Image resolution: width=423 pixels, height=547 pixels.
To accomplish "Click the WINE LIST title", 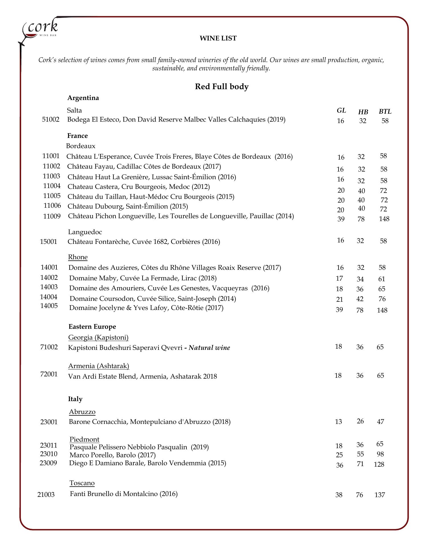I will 218,38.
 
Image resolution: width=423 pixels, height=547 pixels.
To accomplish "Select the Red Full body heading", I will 221,86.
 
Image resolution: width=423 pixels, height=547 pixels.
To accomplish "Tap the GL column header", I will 341,110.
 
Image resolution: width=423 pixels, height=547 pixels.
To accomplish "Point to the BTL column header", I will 385,111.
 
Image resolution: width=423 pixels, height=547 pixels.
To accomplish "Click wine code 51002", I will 51,119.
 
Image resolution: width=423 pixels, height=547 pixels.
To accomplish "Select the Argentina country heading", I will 83,98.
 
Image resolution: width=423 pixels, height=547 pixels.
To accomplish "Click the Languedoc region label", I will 85,232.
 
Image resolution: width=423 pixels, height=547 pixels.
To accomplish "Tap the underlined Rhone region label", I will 78,257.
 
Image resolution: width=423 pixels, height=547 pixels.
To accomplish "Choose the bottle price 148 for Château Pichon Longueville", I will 384,219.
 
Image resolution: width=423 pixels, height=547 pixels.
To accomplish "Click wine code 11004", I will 52,186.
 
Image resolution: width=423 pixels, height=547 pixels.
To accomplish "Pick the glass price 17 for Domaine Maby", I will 339,278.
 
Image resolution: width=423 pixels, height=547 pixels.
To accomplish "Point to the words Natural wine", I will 209,348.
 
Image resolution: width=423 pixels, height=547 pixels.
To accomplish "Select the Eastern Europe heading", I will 92,326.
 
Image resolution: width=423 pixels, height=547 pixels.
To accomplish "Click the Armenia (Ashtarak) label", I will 99,366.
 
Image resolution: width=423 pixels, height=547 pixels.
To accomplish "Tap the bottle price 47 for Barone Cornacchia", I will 381,421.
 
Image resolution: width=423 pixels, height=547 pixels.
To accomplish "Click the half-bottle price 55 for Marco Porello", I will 361,454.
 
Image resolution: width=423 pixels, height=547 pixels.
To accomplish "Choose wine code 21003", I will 46,495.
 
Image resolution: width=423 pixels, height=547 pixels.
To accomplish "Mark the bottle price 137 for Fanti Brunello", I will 380,495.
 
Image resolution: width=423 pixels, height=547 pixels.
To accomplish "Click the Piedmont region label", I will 84,439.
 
